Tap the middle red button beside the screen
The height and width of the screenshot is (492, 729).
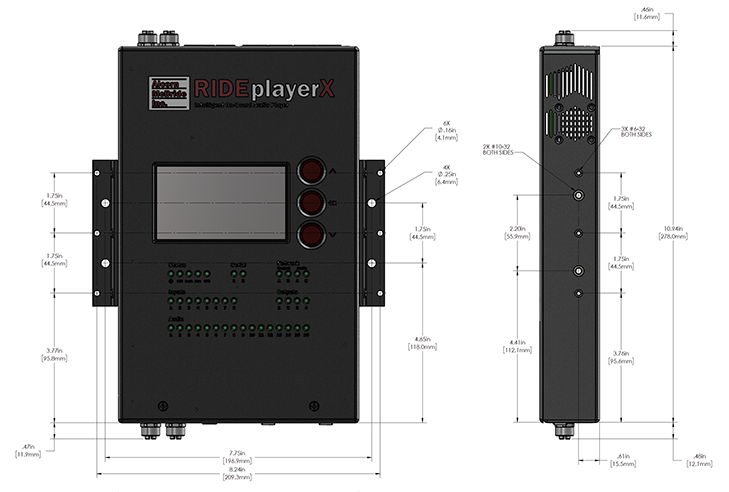pyautogui.click(x=312, y=204)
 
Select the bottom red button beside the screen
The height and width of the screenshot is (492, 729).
pyautogui.click(x=312, y=236)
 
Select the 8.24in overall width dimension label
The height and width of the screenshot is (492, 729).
pyautogui.click(x=237, y=473)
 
